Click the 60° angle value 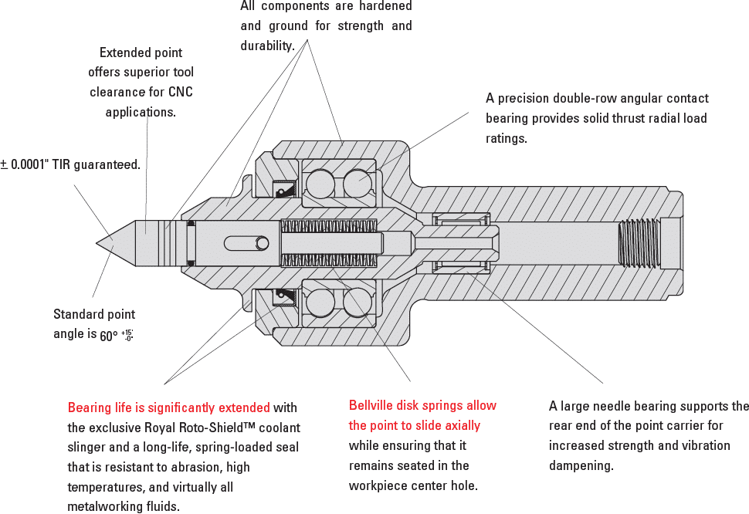(109, 336)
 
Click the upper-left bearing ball (320, 184)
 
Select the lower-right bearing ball (358, 301)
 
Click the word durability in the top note (266, 46)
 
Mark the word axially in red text (461, 425)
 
